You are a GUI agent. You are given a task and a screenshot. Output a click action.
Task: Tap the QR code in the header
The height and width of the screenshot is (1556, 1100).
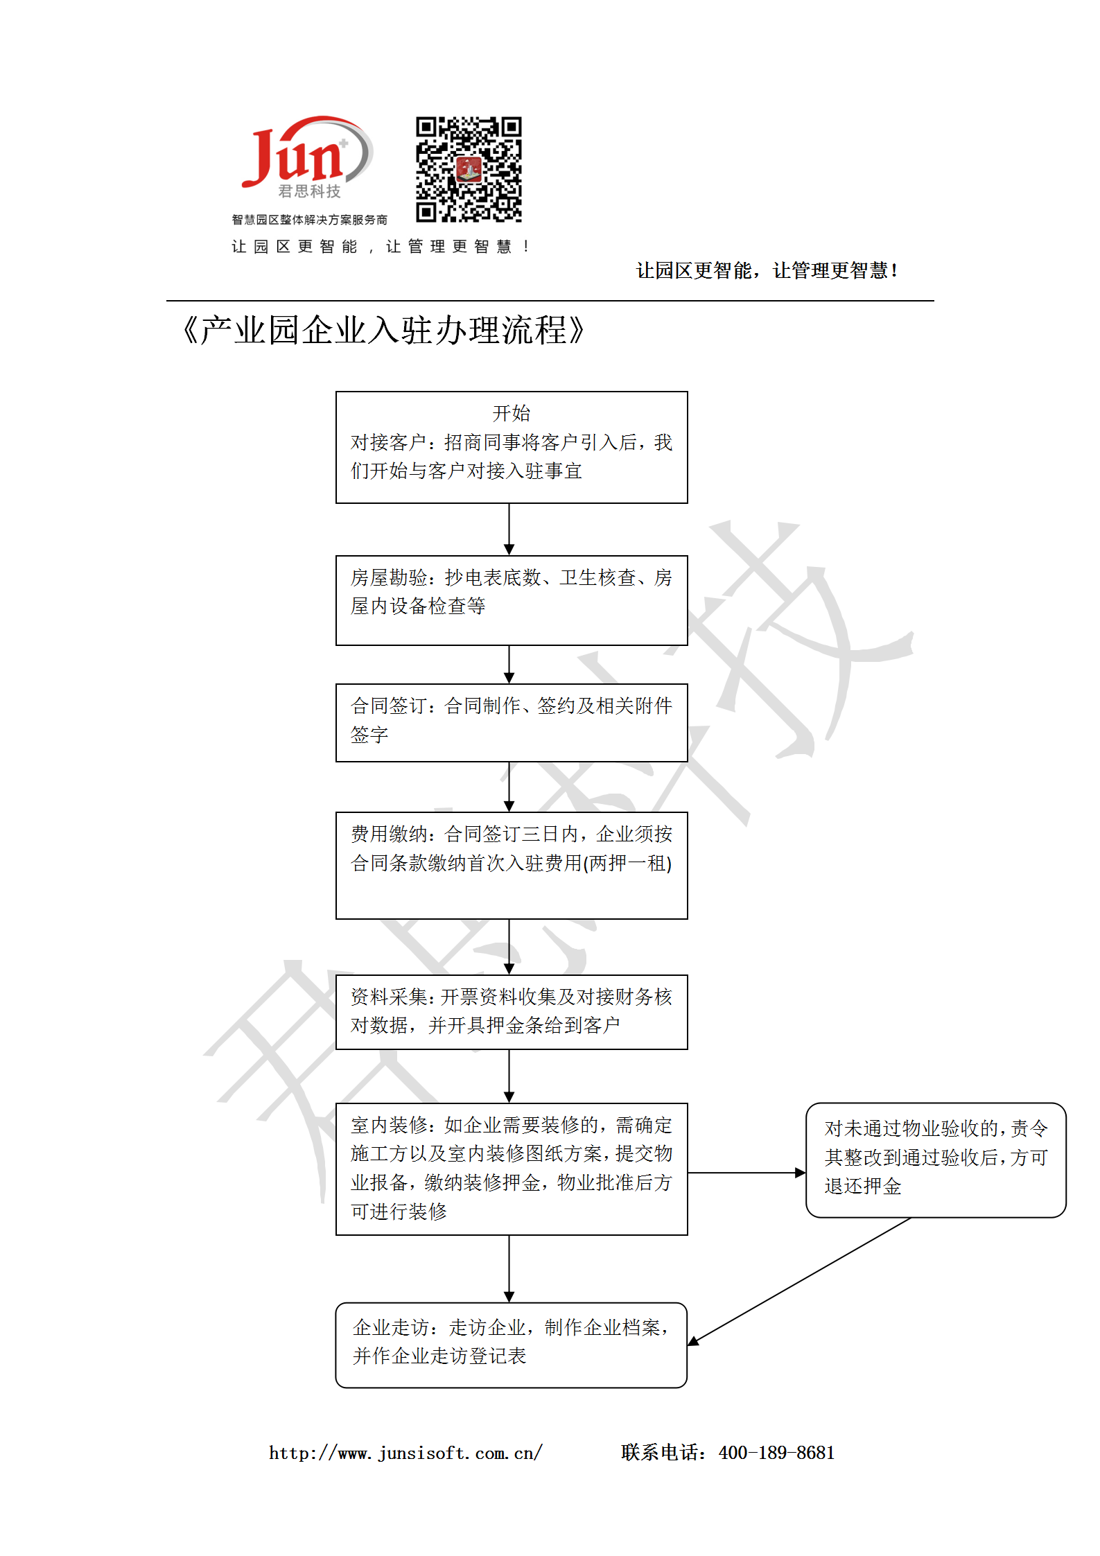pos(469,169)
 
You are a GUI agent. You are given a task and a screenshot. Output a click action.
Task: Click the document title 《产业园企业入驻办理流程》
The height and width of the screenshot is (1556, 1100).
pos(383,331)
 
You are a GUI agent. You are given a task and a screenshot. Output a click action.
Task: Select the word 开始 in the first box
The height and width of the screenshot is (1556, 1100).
pos(512,413)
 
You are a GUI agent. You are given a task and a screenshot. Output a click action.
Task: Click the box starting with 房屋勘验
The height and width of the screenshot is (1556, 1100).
pos(512,600)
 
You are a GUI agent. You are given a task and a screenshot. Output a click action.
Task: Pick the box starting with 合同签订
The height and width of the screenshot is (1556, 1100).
pos(512,723)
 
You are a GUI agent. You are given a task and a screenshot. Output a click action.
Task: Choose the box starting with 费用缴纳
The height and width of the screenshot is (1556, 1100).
pos(512,866)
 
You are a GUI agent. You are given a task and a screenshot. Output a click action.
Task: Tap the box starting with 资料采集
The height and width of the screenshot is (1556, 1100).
pos(512,1012)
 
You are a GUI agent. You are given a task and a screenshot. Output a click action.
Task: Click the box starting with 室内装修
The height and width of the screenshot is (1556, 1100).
pos(512,1169)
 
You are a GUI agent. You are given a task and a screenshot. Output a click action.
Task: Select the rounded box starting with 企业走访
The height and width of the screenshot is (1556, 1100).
pos(512,1345)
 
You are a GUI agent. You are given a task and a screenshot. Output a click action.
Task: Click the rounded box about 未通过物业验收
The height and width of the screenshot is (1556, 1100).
pos(936,1160)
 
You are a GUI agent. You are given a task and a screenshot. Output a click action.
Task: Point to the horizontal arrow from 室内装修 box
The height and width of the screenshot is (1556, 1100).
pos(747,1173)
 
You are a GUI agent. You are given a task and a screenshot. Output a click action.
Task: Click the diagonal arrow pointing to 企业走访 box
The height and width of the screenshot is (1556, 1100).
pos(799,1282)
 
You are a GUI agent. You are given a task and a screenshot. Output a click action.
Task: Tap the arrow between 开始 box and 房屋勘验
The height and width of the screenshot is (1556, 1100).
pos(509,529)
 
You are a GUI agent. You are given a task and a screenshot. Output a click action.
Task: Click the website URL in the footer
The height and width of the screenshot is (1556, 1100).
pos(405,1453)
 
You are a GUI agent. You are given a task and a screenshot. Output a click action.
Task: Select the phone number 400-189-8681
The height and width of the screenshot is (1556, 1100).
pos(776,1453)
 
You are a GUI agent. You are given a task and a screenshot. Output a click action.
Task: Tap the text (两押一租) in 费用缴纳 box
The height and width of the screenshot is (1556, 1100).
pos(627,864)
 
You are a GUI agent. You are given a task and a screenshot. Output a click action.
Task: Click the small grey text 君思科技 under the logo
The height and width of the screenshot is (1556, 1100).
pos(309,191)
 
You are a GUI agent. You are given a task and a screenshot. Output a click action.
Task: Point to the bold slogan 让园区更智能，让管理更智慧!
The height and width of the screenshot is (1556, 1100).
pos(767,270)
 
